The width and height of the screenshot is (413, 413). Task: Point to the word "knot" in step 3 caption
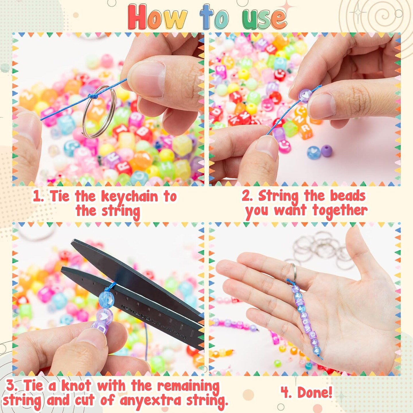[x=76, y=386]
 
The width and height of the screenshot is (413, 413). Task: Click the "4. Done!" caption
[x=306, y=392]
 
